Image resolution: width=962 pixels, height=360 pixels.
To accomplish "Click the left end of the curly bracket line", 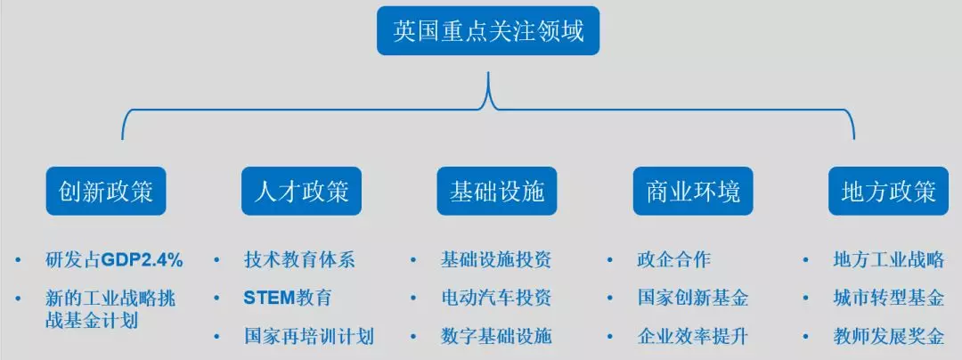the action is (123, 139).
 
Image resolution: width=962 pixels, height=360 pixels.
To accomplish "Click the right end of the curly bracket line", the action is (854, 139).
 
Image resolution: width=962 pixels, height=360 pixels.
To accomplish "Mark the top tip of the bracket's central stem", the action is (488, 72).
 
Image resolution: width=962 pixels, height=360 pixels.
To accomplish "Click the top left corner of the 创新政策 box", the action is (46, 167).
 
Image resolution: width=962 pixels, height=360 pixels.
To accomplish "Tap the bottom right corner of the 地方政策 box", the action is (949, 216).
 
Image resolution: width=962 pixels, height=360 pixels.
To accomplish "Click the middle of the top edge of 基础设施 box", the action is (497, 167).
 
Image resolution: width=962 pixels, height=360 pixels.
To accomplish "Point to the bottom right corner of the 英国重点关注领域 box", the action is (599, 55).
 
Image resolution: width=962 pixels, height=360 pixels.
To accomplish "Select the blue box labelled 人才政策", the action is (301, 191).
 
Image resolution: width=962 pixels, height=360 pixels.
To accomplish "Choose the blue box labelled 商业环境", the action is (693, 191).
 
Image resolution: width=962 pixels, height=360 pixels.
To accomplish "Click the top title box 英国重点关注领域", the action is (488, 30).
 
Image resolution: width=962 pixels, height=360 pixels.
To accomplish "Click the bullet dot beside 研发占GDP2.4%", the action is (18, 260).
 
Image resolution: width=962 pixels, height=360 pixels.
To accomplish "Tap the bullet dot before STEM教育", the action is (216, 298).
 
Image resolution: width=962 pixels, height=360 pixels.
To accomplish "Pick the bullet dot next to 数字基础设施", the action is (413, 336).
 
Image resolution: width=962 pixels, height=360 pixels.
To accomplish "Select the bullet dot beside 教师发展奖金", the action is (805, 336).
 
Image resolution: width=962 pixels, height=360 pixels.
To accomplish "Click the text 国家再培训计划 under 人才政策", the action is (309, 336).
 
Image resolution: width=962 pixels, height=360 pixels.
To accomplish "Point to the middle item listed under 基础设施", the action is (496, 298).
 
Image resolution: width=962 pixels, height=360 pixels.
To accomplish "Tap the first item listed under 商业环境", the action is (673, 260).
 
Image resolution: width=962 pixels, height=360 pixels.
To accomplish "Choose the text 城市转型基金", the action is (888, 298).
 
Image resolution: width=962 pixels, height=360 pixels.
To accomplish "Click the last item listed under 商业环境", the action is (693, 336).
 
